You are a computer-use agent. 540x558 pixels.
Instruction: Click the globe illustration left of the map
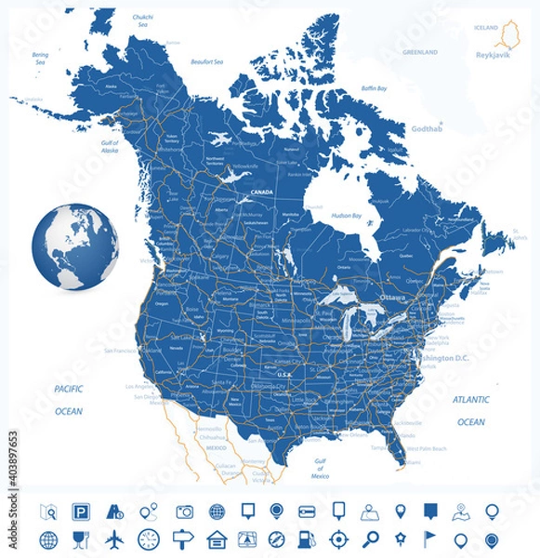coord(75,247)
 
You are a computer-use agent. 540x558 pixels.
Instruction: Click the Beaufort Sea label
coord(206,61)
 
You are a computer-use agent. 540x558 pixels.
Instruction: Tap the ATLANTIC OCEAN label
coord(470,410)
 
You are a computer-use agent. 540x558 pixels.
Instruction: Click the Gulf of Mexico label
coord(320,471)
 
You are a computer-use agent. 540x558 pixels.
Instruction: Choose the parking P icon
coord(82,511)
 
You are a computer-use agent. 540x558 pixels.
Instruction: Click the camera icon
coord(185,511)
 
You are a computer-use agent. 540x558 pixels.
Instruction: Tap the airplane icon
coord(114,539)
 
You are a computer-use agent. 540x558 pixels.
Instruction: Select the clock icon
coord(149,539)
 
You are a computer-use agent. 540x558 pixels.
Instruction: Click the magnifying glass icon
coord(370,539)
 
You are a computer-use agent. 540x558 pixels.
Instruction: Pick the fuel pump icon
coord(307,539)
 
